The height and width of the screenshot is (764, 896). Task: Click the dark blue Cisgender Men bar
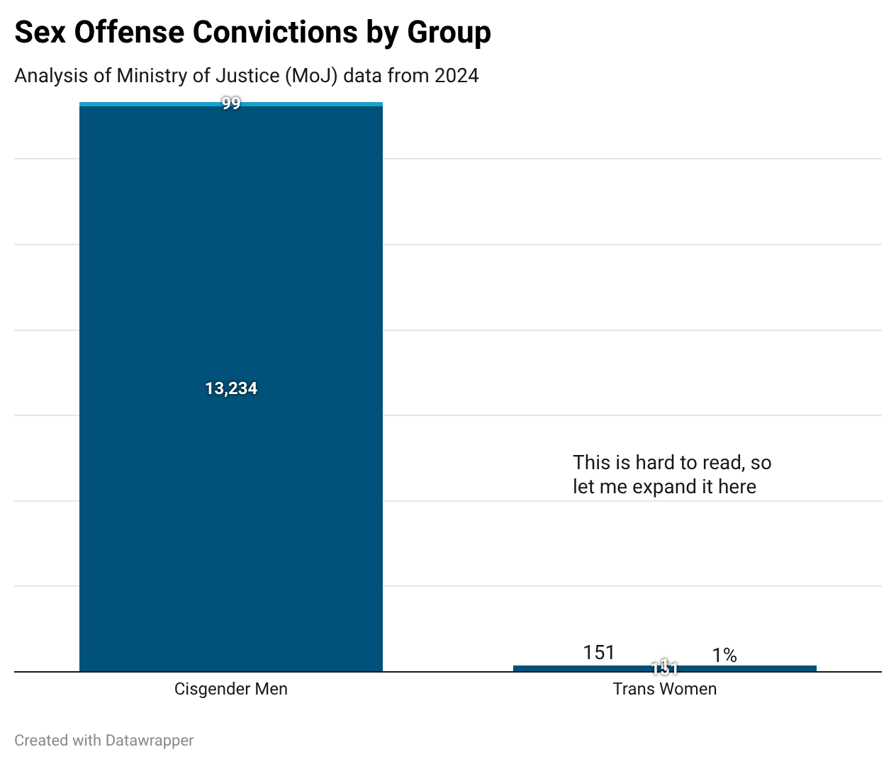[231, 283]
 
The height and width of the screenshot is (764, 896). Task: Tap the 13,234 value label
[231, 388]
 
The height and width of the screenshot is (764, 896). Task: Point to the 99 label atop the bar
[231, 103]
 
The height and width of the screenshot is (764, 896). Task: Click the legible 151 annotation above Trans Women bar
[599, 653]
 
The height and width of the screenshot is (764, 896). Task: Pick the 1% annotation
[724, 656]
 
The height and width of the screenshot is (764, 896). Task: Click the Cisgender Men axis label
[231, 689]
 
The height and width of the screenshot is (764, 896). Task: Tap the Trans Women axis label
[664, 689]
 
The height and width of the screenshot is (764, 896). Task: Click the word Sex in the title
[40, 33]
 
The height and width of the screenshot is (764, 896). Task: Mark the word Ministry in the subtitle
[146, 75]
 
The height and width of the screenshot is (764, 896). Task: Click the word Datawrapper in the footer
[149, 741]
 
